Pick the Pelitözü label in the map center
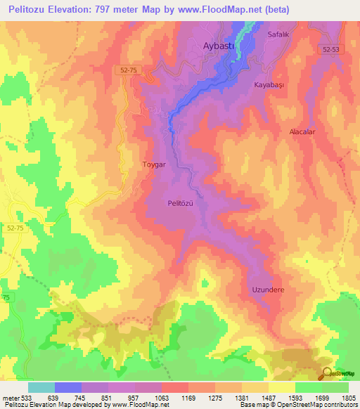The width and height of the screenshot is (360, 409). [x=181, y=203]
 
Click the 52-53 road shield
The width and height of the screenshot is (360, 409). [x=337, y=50]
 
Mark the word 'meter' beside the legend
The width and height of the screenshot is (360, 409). [x=10, y=397]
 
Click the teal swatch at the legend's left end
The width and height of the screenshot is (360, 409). [x=41, y=387]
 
